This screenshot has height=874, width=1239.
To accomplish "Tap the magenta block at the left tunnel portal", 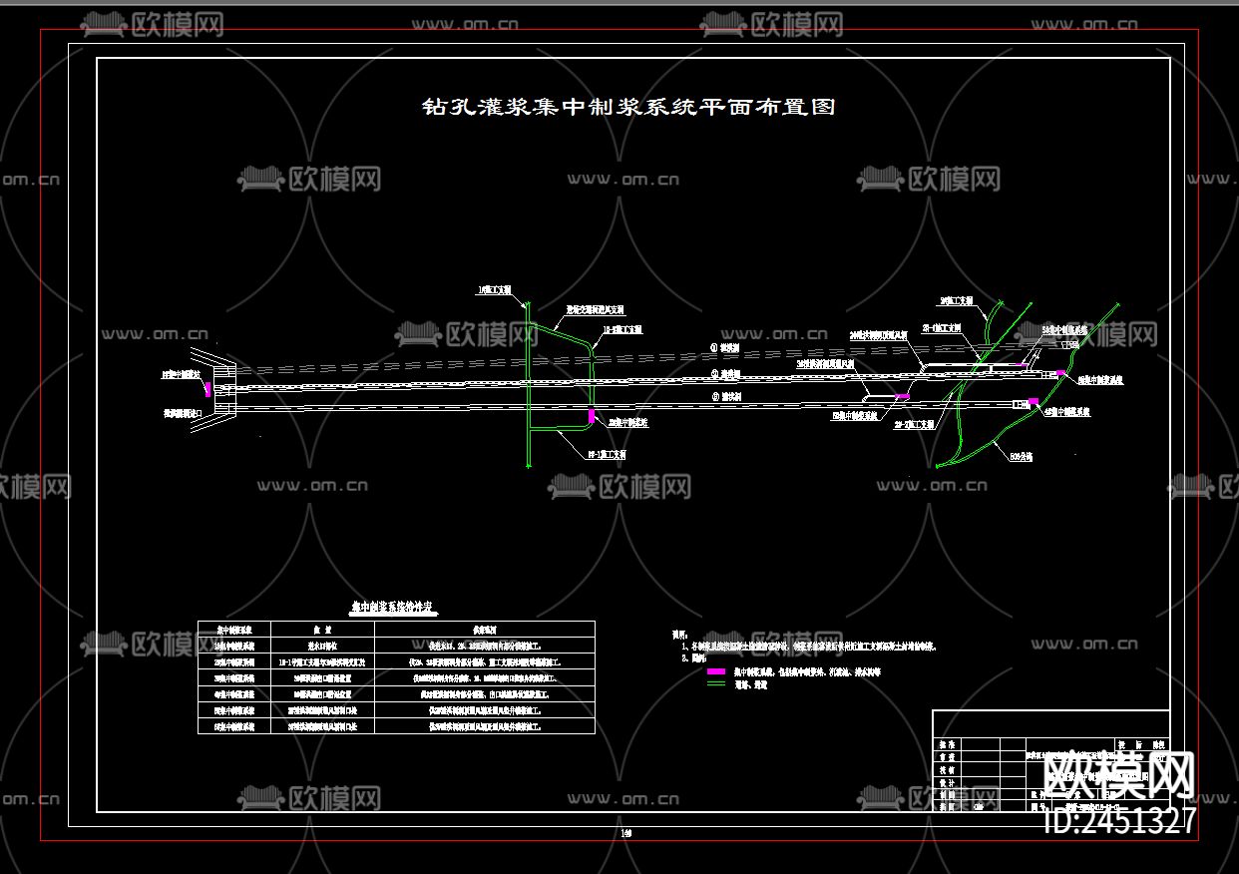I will coord(207,389).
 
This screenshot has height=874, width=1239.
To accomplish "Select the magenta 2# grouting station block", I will coord(592,415).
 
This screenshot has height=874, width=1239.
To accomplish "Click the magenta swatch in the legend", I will coord(715,672).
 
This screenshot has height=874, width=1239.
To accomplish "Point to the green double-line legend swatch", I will coord(715,685).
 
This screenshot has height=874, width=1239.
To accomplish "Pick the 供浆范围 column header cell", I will coord(484,630).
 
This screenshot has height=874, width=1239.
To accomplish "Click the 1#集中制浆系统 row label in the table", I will coord(234,645).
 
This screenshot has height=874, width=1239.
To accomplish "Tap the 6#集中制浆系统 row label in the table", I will coord(234,726).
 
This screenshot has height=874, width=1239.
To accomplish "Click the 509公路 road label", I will coord(1023,456).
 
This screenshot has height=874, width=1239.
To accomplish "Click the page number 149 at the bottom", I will coord(626,833).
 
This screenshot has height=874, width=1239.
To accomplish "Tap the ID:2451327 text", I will coord(1118,821).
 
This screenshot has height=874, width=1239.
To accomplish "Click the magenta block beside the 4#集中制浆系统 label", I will coord(1033,402).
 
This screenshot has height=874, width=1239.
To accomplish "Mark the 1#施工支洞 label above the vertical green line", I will coord(495,290).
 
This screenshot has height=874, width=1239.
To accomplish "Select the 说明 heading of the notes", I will coord(680,634).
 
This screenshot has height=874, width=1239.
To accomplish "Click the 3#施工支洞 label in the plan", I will coord(956,300).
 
